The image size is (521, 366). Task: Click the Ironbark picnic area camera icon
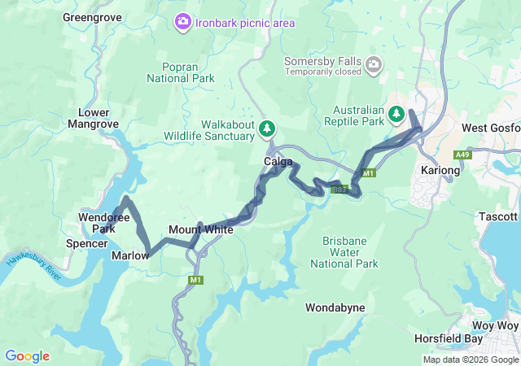click(x=184, y=22)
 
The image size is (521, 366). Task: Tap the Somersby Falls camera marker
click(x=373, y=64)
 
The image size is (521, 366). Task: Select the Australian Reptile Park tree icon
click(x=396, y=114)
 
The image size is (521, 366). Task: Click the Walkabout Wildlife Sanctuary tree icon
click(x=267, y=129)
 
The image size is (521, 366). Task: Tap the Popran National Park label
click(x=181, y=72)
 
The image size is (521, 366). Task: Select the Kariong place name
click(x=440, y=171)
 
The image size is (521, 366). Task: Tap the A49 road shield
click(x=462, y=155)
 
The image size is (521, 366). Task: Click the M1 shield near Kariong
click(x=368, y=173)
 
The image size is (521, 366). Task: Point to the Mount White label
click(x=200, y=230)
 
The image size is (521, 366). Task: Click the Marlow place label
click(x=130, y=255)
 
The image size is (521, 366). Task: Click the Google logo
click(x=27, y=356)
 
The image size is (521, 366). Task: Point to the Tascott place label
click(x=498, y=216)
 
